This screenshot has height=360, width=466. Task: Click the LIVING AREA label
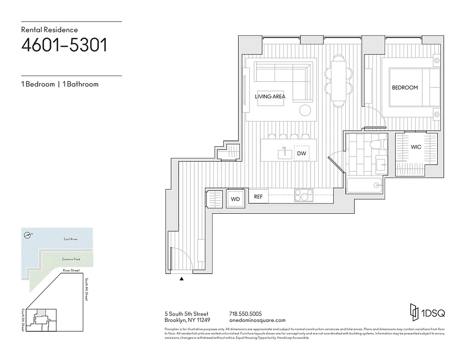click(x=270, y=96)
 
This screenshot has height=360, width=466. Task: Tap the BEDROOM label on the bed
click(x=404, y=88)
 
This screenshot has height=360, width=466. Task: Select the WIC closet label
click(x=416, y=147)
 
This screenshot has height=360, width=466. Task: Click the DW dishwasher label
click(x=301, y=154)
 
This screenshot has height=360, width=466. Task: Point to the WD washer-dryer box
click(x=235, y=199)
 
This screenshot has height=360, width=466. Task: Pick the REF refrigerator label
click(x=258, y=197)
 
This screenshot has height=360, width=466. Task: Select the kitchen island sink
click(x=284, y=153)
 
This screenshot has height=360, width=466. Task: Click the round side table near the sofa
click(x=305, y=110)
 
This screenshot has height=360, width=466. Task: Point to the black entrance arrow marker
click(x=181, y=279)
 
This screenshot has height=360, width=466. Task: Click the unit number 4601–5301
click(x=64, y=45)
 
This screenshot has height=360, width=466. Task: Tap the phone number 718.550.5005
click(x=245, y=314)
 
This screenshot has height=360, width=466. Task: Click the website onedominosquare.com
click(x=257, y=320)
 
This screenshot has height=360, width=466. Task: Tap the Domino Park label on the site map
click(x=71, y=260)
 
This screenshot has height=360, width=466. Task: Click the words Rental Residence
click(x=50, y=30)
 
